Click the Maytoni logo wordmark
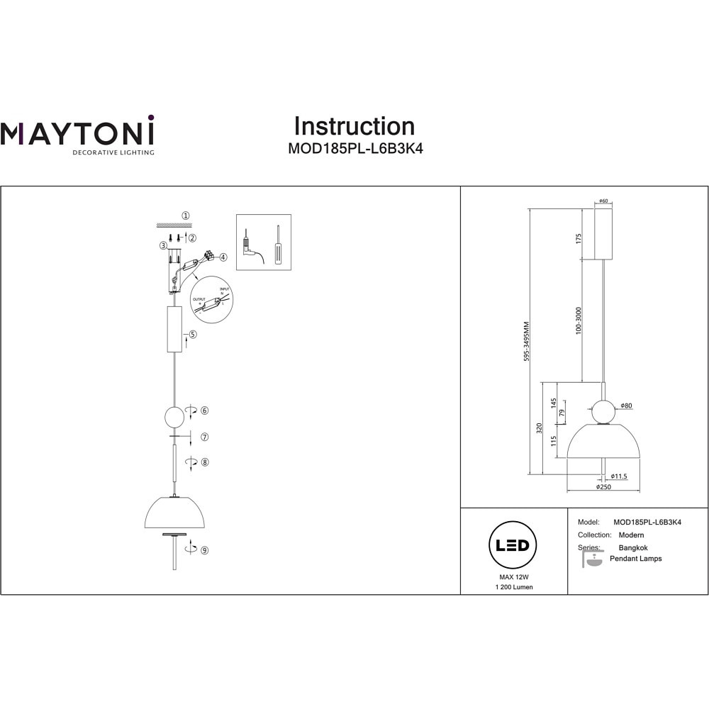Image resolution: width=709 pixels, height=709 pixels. [x=77, y=133]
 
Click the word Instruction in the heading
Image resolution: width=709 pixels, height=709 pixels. [x=354, y=126]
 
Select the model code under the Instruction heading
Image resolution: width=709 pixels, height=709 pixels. [x=354, y=150]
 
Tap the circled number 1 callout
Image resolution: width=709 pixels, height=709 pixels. [x=186, y=216]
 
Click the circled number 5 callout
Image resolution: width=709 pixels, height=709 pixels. [x=193, y=334]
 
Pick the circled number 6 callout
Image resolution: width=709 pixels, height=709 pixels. [x=204, y=411]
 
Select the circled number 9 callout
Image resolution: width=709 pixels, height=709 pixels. [x=204, y=549]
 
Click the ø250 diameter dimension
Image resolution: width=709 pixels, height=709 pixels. [x=603, y=488]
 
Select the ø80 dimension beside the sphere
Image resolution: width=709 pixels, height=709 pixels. [x=625, y=406]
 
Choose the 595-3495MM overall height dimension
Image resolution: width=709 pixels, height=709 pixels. [x=526, y=342]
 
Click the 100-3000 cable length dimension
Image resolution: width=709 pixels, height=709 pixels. [x=579, y=321]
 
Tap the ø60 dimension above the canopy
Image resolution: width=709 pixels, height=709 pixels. [x=603, y=201]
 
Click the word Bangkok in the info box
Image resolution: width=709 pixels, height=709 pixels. [x=633, y=547]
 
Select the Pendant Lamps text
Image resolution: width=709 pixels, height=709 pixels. [x=635, y=559]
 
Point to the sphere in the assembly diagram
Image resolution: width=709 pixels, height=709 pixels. [x=174, y=416]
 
